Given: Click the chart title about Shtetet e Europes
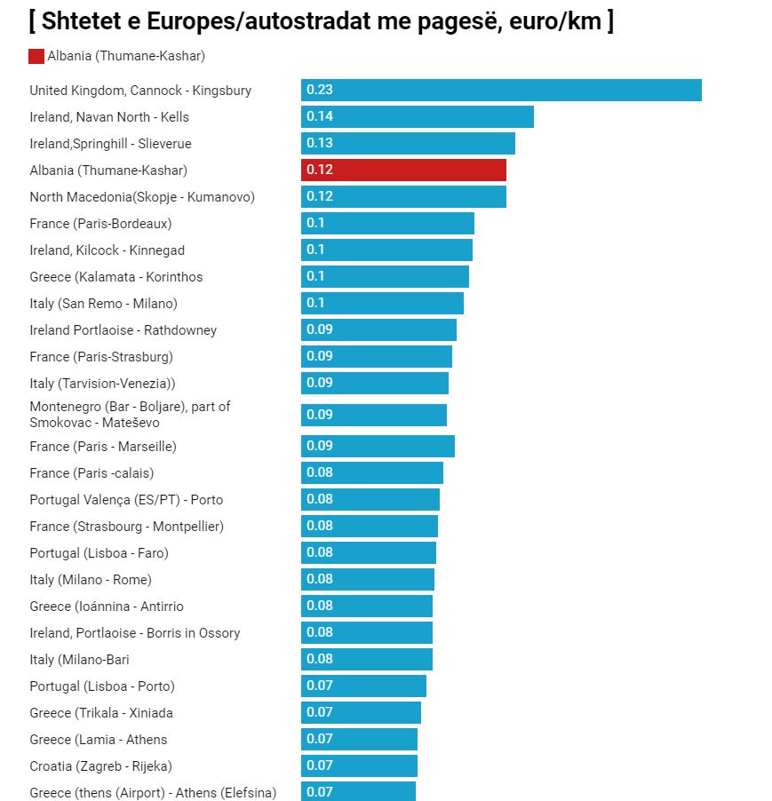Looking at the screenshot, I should pos(321,21).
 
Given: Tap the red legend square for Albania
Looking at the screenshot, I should pos(36,57).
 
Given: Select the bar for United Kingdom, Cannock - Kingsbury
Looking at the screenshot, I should pos(501,91).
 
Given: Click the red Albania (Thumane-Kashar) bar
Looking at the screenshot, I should pos(403,171).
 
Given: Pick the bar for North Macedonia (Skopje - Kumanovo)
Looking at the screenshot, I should pos(403,197).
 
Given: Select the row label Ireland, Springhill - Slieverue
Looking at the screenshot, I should pos(110,144).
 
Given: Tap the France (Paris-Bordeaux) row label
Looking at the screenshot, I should pos(100,224).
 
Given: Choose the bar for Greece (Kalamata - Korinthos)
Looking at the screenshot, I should pos(385,277).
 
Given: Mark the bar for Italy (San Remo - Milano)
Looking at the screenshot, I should pos(382,304).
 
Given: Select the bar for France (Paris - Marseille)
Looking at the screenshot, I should pos(378,446).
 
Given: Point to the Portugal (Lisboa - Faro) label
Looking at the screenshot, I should pos(99,553).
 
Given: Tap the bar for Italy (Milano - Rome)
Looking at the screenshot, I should pos(368,580).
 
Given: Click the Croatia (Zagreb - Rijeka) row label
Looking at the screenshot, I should pos(100,766).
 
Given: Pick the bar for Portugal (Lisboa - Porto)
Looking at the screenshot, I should pos(363,686).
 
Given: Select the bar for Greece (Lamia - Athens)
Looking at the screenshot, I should pos(359,740).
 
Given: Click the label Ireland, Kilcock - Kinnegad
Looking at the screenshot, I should pos(107,250).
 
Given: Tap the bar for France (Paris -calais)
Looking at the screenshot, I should pos(371,472).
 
